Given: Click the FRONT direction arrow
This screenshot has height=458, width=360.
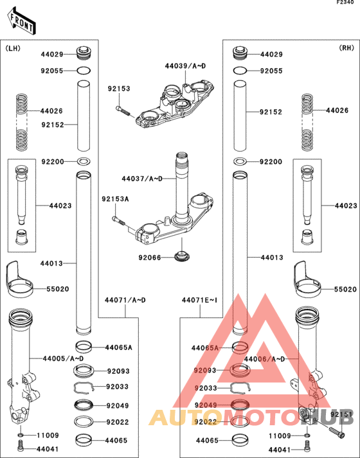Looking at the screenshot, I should pos(21,22).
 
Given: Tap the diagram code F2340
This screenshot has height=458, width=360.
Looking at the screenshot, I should pos(346,4).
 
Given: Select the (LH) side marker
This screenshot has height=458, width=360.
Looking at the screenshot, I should pos(13,48).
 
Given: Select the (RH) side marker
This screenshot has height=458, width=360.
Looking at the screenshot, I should pos(346,48).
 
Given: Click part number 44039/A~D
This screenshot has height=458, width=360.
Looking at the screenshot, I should pos(185,66).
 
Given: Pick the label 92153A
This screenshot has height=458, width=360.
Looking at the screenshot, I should pos(114,200).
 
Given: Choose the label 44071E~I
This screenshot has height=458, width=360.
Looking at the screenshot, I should pos(199,300).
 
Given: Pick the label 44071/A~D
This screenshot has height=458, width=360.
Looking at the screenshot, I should pos(125,300).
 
